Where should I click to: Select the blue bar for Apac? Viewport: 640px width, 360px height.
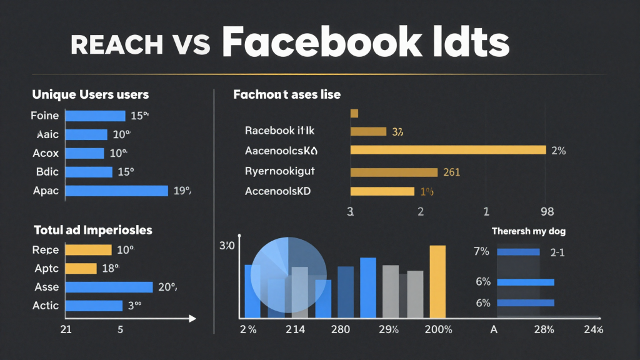117,191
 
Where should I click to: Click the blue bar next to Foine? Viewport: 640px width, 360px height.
95,116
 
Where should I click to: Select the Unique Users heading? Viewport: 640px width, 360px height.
90,94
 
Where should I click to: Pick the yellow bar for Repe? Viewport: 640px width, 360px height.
88,250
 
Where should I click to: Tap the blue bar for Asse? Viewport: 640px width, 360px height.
109,287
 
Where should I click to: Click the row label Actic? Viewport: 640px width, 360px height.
46,306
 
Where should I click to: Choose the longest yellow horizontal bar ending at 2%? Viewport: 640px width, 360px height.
448,150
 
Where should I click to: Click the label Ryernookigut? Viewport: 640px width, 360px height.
280,171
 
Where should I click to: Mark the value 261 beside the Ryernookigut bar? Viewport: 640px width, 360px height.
451,172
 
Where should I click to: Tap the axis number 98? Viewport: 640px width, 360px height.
547,212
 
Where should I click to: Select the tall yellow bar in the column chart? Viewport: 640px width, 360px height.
437,281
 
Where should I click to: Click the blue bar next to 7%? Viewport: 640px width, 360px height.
518,252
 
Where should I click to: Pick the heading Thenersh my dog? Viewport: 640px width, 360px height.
528,231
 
